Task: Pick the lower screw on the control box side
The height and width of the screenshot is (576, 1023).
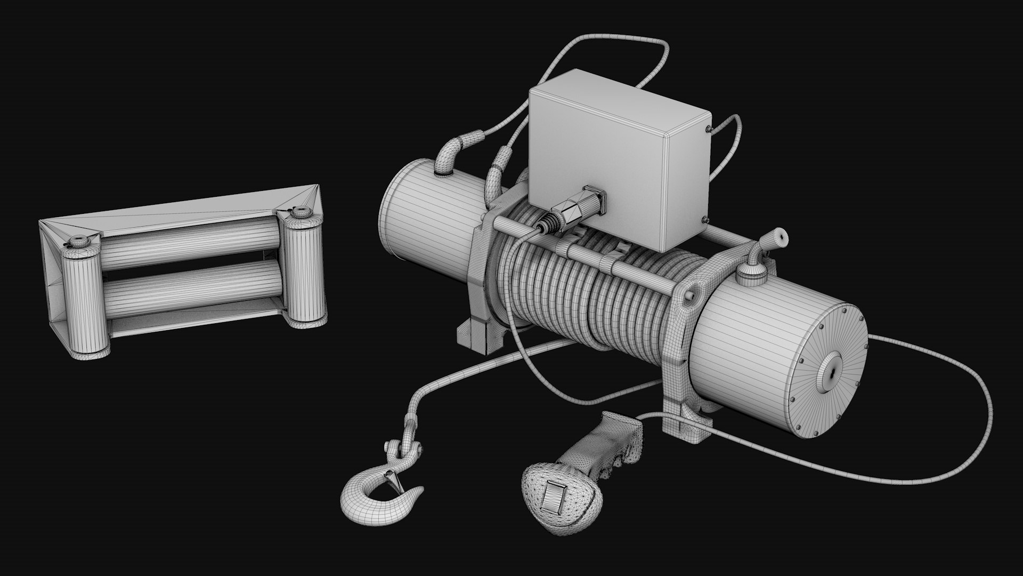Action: [x=704, y=219]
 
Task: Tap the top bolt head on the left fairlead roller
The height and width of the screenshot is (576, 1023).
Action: [x=80, y=241]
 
